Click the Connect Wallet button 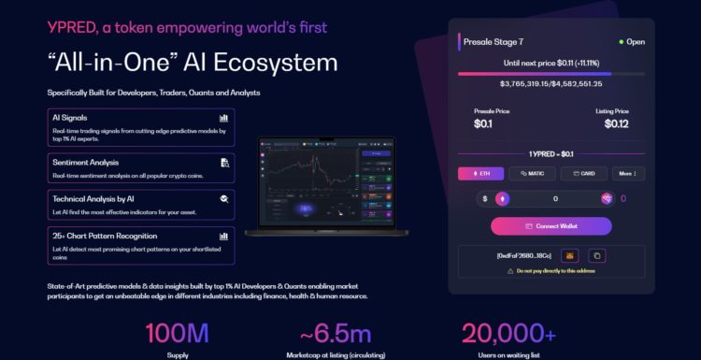point(551,226)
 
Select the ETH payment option point(480,173)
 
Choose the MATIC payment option point(531,173)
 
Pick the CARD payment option point(583,173)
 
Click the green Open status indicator point(631,42)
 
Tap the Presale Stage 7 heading point(496,42)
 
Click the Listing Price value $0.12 point(616,123)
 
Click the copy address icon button point(596,255)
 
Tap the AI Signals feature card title point(70,118)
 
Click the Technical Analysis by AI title point(93,199)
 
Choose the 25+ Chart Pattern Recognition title point(105,236)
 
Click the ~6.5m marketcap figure point(336,333)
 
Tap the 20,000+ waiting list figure point(509,333)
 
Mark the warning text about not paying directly point(556,271)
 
